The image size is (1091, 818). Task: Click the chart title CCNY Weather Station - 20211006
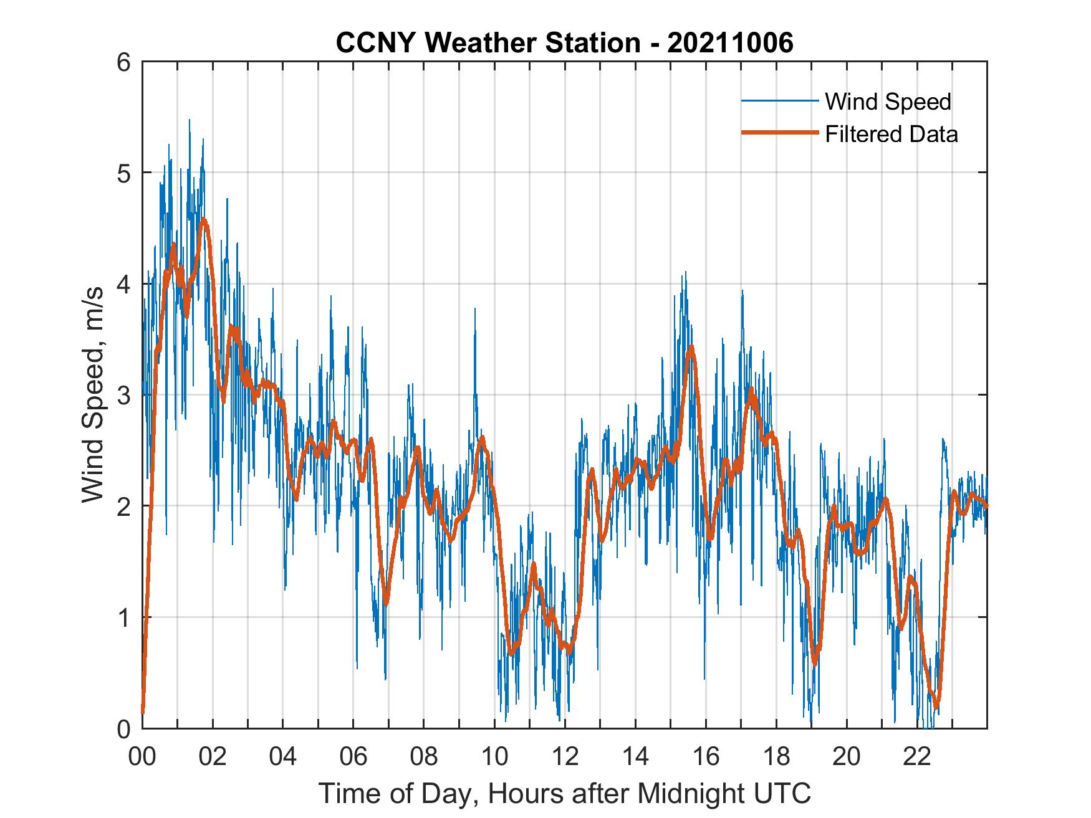tap(564, 43)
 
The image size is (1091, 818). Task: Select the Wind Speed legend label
tap(888, 102)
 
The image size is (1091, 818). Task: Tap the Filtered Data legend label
tap(891, 134)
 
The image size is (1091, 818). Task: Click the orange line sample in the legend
tap(779, 133)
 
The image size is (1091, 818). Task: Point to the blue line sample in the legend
tap(779, 101)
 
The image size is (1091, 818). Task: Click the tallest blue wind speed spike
tap(190, 120)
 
